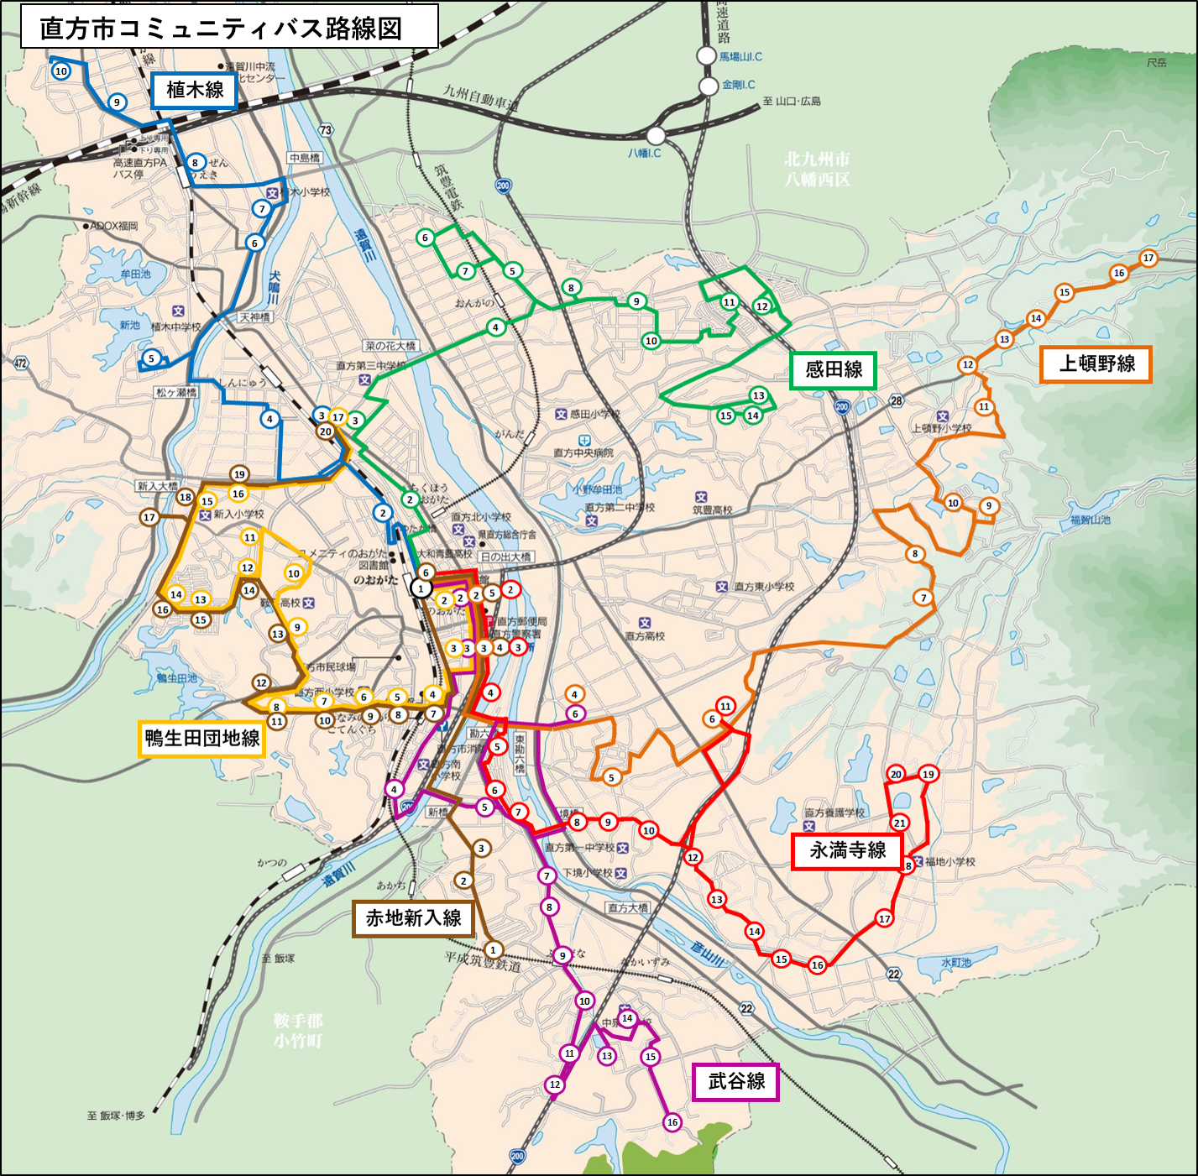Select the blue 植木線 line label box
click(194, 90)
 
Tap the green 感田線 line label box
click(833, 369)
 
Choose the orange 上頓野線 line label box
click(1096, 363)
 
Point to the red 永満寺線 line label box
click(847, 850)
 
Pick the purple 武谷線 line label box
click(735, 1081)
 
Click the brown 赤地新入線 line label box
click(413, 918)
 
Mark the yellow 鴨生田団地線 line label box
click(201, 738)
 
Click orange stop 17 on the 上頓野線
click(1148, 258)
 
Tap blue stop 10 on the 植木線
click(61, 71)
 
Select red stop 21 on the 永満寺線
click(899, 823)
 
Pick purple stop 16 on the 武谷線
click(672, 1122)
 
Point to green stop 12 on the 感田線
click(762, 306)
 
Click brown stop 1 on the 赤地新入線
click(494, 949)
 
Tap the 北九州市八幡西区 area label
click(817, 169)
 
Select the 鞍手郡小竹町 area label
click(297, 1030)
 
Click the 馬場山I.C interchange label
click(740, 56)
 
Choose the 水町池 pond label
click(956, 962)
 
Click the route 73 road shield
click(326, 130)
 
